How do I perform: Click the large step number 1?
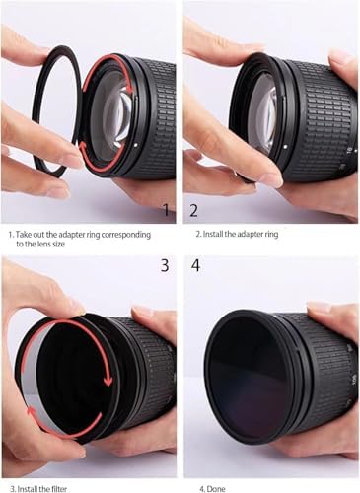point(167,210)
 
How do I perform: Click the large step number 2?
point(194,210)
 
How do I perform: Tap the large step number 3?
point(165,265)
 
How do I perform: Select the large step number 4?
point(195,265)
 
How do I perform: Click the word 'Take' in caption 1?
point(23,235)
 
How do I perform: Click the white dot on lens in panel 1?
point(136,144)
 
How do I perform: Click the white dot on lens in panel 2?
point(285,147)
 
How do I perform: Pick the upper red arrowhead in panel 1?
point(130,89)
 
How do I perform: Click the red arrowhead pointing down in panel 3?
point(108,381)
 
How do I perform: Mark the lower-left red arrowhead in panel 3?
point(32,411)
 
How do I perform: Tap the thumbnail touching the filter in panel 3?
point(76,308)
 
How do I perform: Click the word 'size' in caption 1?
point(58,245)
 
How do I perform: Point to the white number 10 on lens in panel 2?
point(349,150)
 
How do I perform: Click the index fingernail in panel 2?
point(270,179)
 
